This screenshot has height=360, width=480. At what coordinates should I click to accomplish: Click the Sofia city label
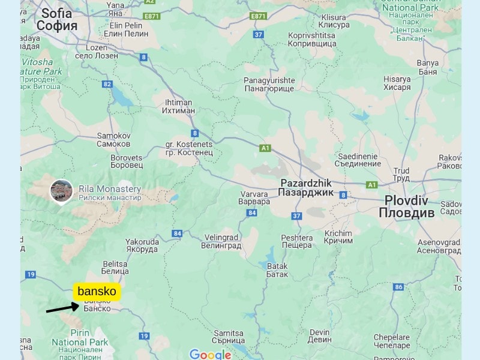pos(57,19)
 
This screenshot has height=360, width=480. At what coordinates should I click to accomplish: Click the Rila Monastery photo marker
pos(61,191)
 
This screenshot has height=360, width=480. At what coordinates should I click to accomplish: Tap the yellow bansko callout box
pos(97,292)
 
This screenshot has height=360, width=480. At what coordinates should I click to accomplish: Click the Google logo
pos(211,355)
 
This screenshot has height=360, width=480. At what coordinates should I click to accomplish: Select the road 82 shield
pos(107,84)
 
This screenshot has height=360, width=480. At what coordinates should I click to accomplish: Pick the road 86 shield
pos(398,287)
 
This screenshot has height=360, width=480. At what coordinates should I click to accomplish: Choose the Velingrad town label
pos(221,241)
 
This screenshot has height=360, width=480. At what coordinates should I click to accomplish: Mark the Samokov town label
pos(113,140)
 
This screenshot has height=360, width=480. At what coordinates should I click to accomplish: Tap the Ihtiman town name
pos(179,106)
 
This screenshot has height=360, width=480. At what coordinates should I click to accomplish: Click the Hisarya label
pos(397,83)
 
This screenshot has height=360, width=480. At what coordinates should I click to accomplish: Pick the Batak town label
pos(277,270)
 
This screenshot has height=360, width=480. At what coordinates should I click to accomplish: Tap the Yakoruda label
pos(142,246)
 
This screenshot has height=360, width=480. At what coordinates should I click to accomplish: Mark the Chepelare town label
pos(391,341)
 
